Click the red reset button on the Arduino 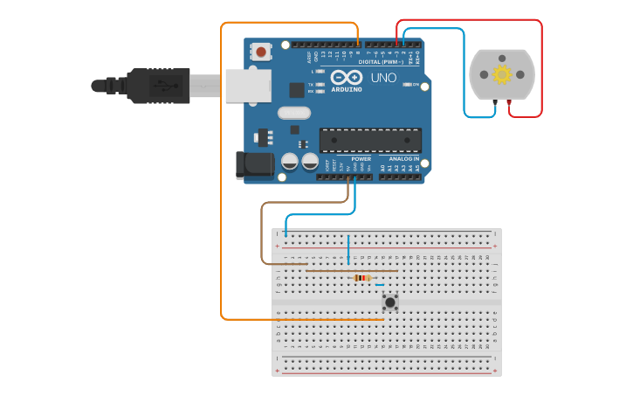[261, 52]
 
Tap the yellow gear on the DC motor [502, 74]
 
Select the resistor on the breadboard [362, 278]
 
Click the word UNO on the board [384, 78]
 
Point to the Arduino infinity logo [347, 78]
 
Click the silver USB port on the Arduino [247, 86]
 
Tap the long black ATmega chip [370, 140]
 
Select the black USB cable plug [157, 86]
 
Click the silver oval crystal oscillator [294, 112]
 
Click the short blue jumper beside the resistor [379, 285]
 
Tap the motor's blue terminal [494, 103]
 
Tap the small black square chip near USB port [297, 89]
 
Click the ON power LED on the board [407, 84]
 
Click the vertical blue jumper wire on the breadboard [348, 249]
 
